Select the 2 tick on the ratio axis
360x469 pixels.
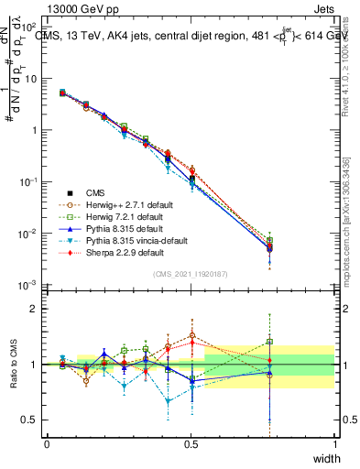[33, 309]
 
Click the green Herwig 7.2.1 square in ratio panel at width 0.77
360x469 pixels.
[269, 342]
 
